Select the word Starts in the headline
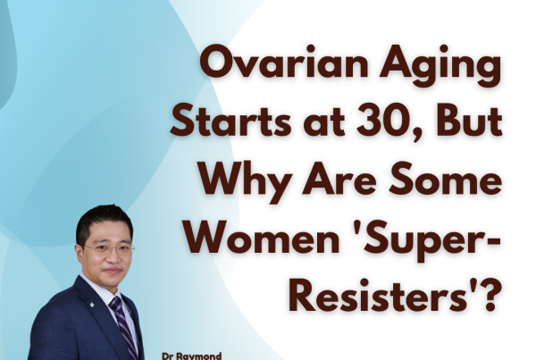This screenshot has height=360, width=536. (x=230, y=122)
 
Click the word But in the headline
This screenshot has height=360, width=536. (x=469, y=122)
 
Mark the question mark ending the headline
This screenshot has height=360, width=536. (x=487, y=295)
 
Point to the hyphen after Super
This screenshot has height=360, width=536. (x=493, y=241)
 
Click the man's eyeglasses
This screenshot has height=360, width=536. (x=109, y=249)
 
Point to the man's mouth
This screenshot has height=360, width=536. (x=113, y=271)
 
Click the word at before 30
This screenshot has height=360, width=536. (x=323, y=124)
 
